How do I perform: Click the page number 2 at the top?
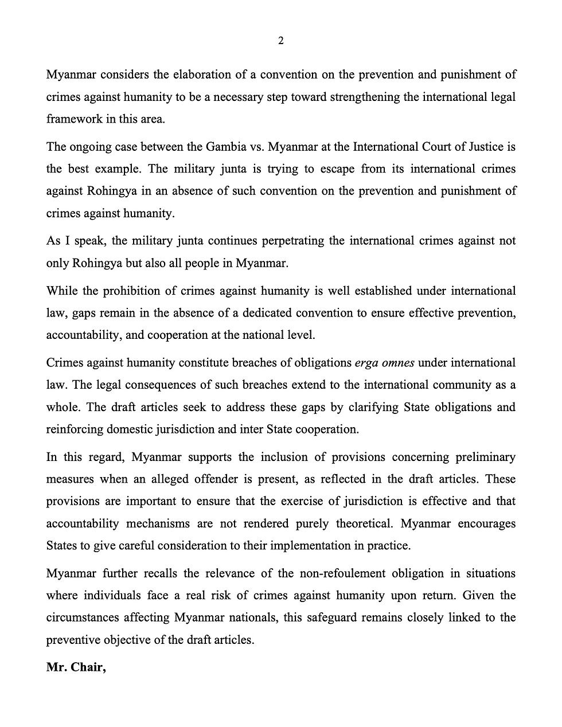coord(281,40)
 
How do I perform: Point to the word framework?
coord(72,119)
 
